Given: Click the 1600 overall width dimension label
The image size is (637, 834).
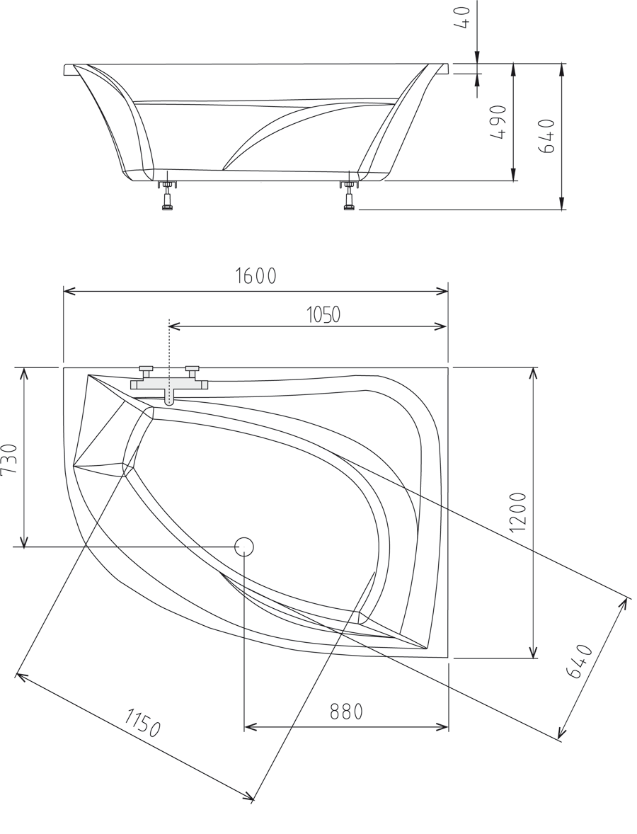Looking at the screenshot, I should (x=256, y=276).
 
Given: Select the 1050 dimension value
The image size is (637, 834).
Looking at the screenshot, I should (x=323, y=314).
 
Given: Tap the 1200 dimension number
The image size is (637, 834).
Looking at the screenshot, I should (x=518, y=511).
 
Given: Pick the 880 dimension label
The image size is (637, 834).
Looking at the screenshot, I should (x=346, y=712).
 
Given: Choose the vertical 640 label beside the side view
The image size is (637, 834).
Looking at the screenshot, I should (x=547, y=135).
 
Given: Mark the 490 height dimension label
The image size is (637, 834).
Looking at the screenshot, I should (x=498, y=122).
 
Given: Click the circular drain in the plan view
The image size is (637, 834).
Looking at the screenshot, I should (x=244, y=546).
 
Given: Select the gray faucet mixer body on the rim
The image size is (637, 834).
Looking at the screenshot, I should (x=168, y=386).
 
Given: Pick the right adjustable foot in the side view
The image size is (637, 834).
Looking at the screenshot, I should (x=349, y=195).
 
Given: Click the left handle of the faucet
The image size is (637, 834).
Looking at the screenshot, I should (x=147, y=369).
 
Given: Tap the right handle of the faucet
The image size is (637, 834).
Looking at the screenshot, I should (x=192, y=369).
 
